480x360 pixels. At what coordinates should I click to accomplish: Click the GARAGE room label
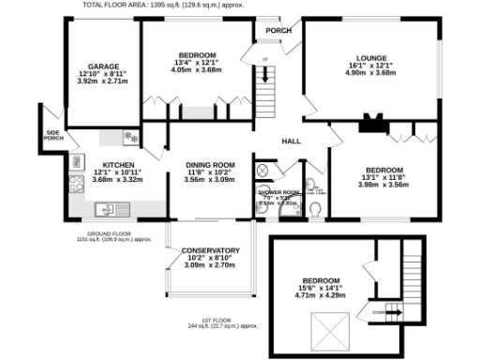click(x=103, y=67)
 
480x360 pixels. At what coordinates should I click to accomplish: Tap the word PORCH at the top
click(x=278, y=30)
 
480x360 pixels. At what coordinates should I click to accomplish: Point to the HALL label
click(x=291, y=142)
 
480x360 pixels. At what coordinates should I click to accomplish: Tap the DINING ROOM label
click(x=209, y=164)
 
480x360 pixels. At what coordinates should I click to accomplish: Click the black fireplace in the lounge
click(x=373, y=121)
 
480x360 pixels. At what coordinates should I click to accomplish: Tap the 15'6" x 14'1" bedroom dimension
click(x=322, y=288)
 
